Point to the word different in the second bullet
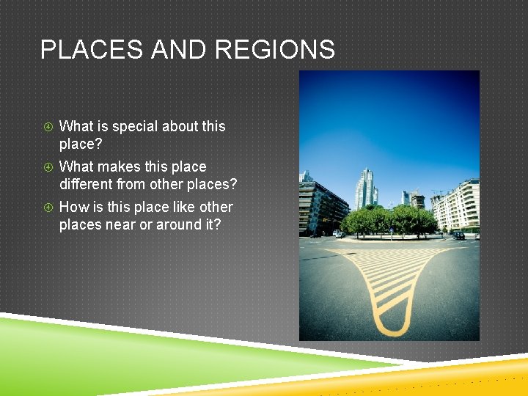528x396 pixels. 86,184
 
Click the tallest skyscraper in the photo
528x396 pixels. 364,188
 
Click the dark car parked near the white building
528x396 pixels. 458,235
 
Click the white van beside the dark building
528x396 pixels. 339,234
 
